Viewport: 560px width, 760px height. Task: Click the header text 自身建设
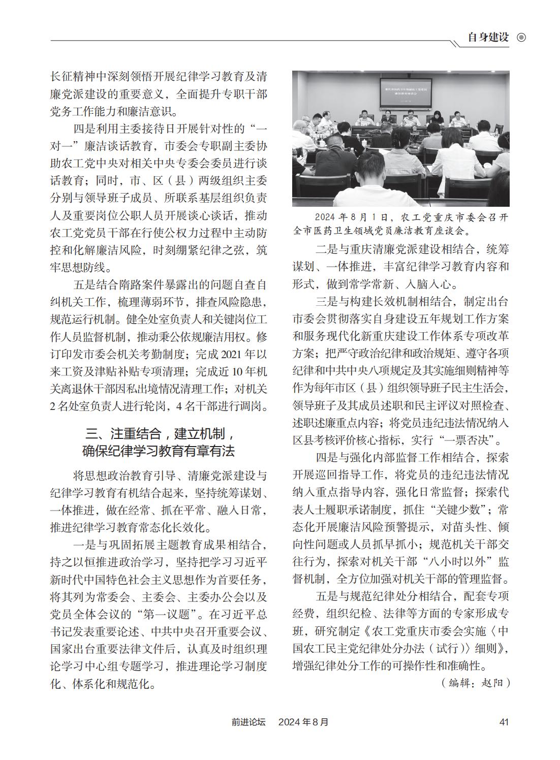(488, 38)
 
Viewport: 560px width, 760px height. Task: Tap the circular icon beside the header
(521, 38)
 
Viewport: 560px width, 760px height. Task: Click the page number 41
(504, 721)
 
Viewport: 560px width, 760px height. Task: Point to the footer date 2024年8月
(303, 721)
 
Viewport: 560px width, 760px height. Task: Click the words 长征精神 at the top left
(73, 77)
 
